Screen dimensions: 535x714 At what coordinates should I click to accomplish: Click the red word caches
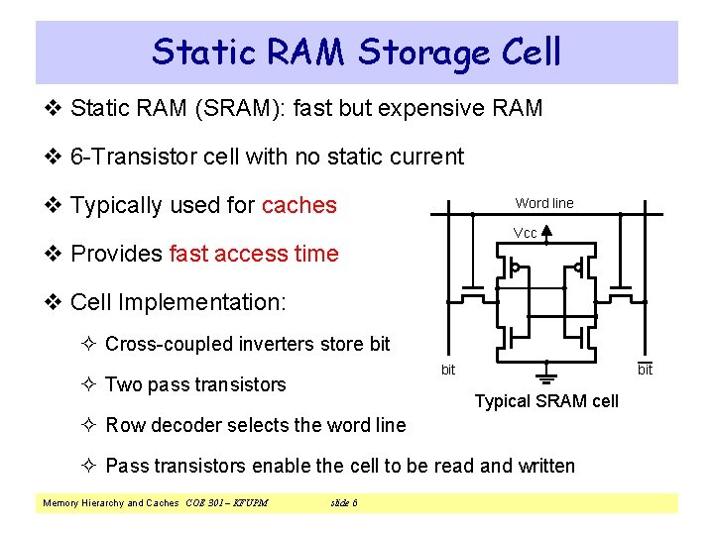click(x=298, y=205)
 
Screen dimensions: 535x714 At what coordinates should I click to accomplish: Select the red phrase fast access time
click(x=254, y=254)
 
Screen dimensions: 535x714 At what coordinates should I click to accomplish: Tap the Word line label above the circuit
click(x=543, y=203)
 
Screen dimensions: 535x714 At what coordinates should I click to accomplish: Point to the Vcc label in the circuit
click(x=525, y=233)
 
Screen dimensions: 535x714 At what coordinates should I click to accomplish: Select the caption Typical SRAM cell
click(x=545, y=401)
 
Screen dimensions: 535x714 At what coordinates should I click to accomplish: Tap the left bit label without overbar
click(x=448, y=370)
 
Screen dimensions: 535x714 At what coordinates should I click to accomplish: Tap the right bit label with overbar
click(x=645, y=370)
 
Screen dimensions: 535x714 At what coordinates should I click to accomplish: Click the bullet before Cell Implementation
click(x=56, y=302)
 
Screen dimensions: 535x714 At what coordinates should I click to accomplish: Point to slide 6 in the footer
click(x=343, y=503)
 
